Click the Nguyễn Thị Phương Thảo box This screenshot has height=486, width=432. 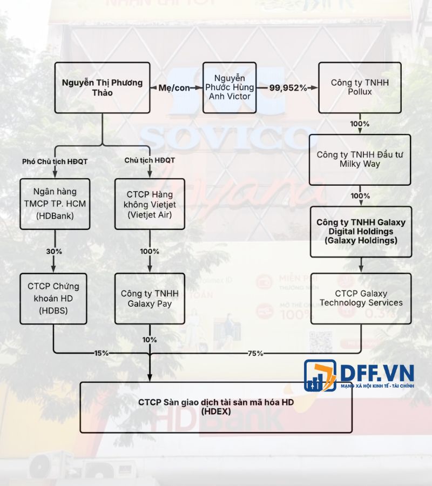tap(102, 87)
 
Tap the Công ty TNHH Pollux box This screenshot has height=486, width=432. tap(360, 87)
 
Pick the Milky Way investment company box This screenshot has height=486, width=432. tap(360, 160)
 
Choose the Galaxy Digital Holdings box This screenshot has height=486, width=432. tap(361, 231)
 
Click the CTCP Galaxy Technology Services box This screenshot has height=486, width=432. tap(361, 298)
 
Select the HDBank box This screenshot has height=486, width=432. tap(53, 205)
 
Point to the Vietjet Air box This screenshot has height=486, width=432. tap(150, 205)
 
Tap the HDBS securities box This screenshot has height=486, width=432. tap(53, 298)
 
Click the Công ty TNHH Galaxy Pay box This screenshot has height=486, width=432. tap(150, 298)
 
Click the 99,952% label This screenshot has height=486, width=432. tap(288, 87)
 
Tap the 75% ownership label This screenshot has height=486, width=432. tap(255, 353)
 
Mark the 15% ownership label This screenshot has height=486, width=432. tap(101, 353)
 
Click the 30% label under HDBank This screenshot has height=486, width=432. tap(53, 251)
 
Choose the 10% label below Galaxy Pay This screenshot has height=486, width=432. tap(150, 340)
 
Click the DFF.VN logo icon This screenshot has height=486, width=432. tap(321, 376)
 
